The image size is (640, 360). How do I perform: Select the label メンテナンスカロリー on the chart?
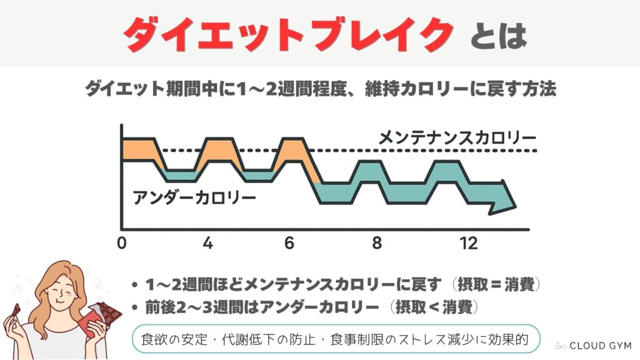[x=457, y=137]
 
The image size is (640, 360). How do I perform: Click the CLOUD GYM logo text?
[x=601, y=345]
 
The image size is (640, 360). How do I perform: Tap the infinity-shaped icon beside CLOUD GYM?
[x=561, y=345]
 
